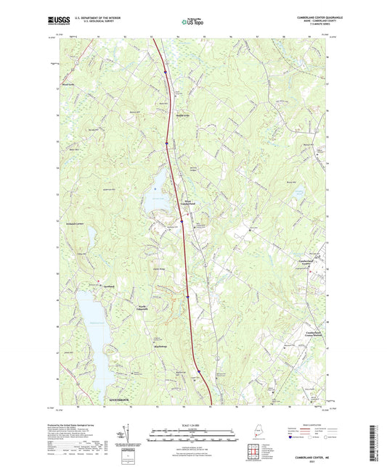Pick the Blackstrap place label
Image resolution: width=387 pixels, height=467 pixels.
[161, 346]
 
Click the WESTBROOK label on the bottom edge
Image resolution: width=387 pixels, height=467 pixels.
[121, 400]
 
